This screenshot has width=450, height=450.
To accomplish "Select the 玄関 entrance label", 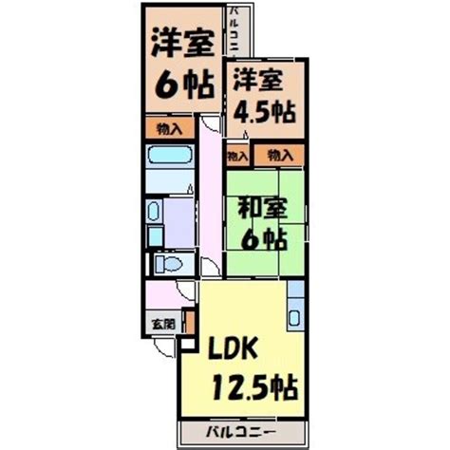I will (162, 324).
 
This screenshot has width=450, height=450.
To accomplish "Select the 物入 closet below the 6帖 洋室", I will (164, 127).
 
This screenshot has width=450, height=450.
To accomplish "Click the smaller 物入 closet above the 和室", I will (234, 155).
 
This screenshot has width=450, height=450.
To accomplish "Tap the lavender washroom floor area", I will (178, 218).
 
